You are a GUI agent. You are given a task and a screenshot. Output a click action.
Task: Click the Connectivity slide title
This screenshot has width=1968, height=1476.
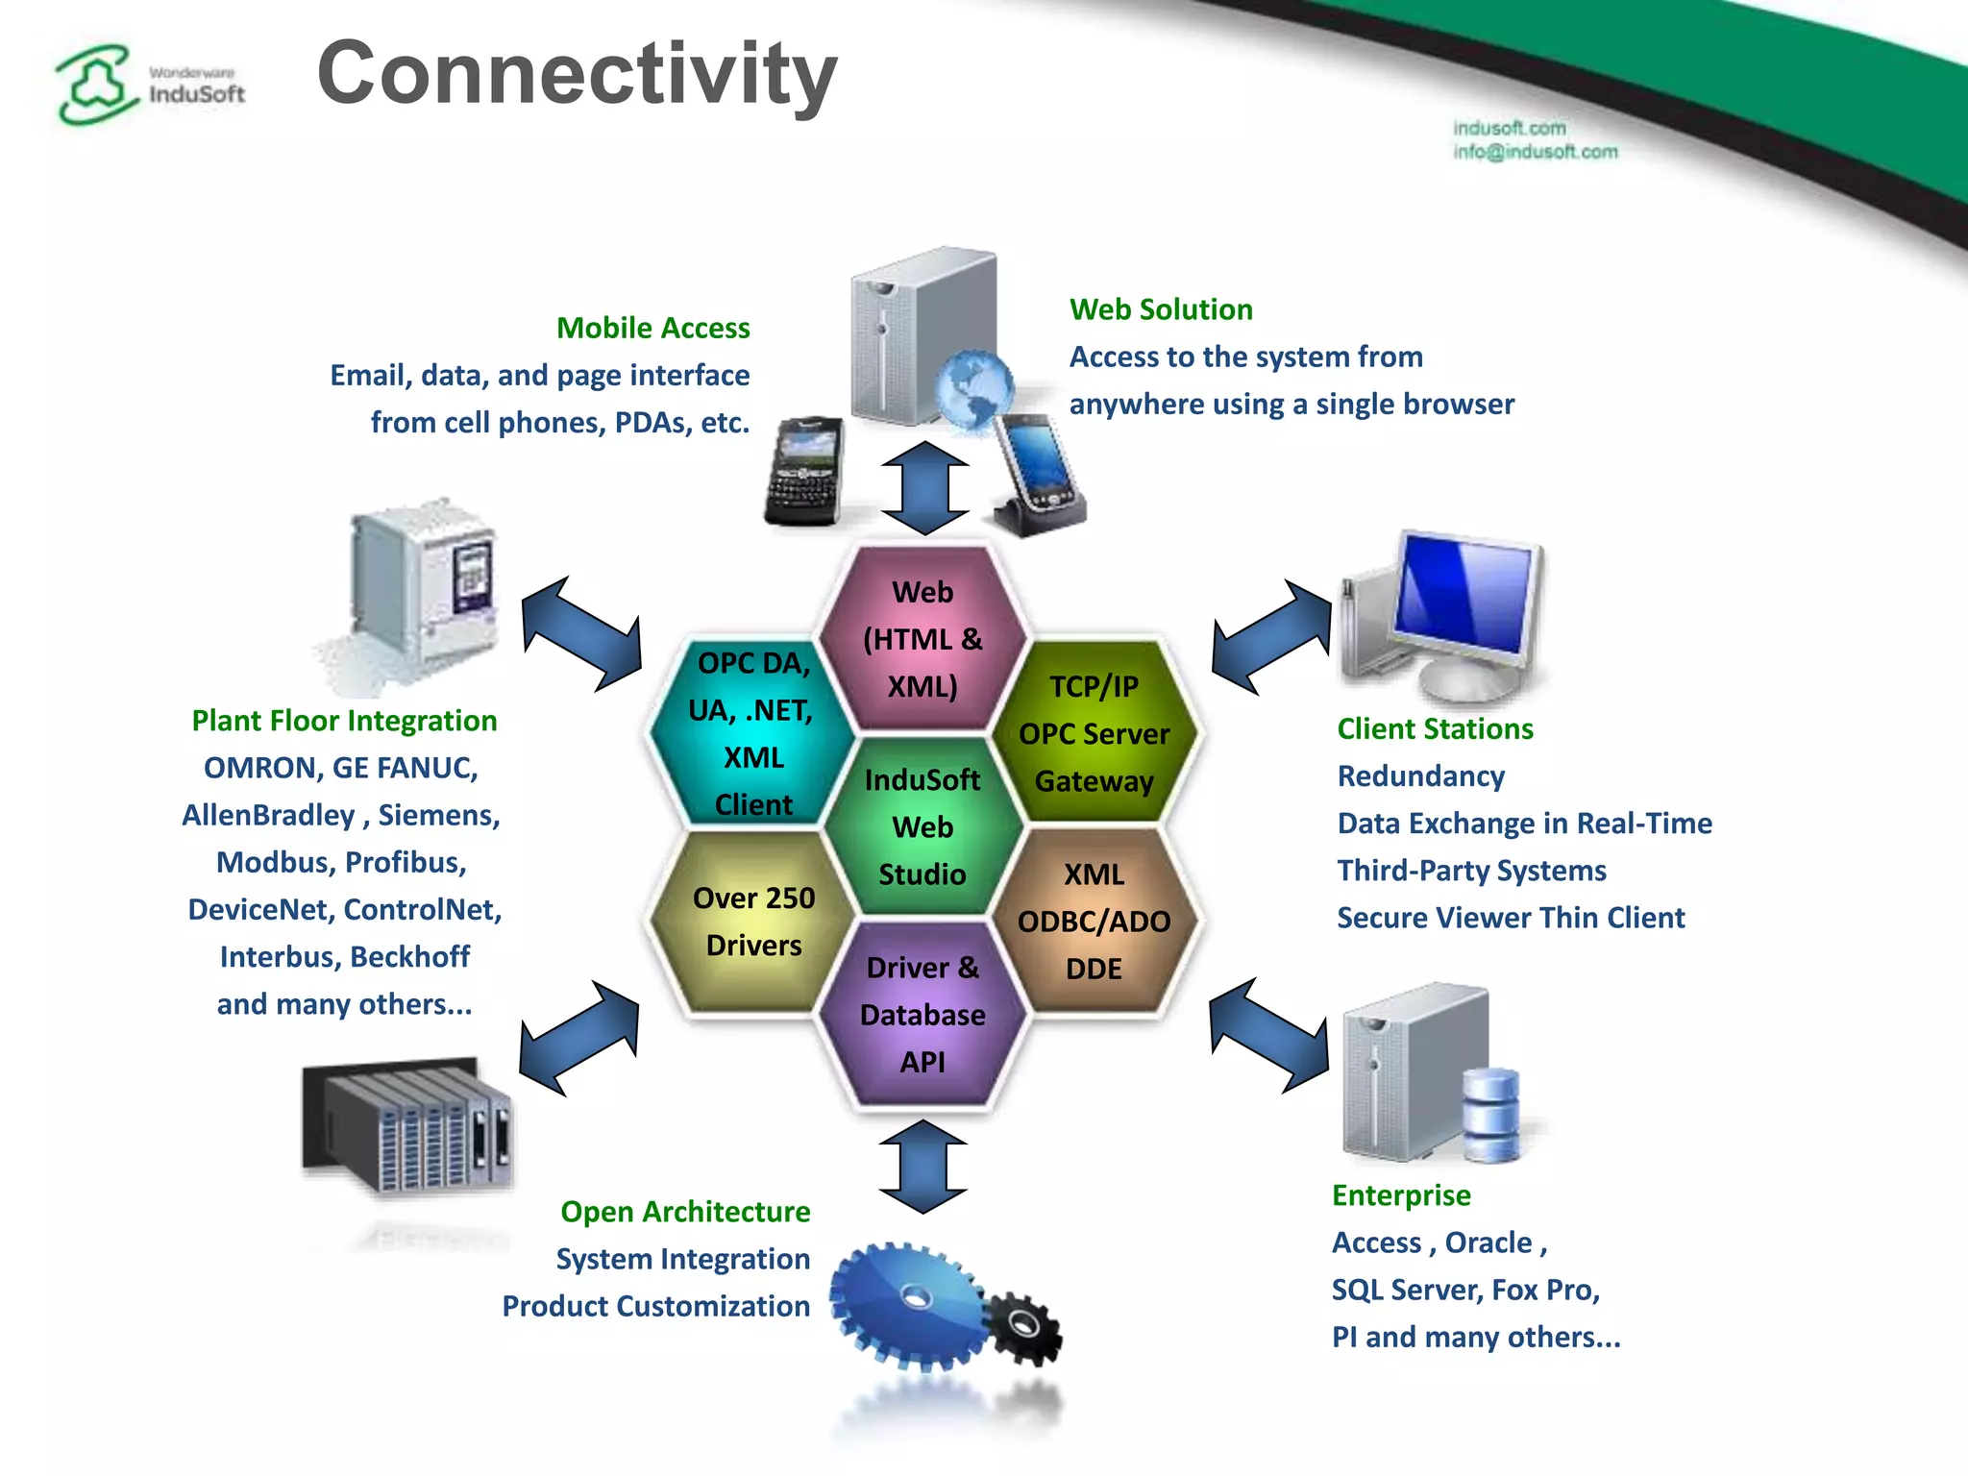[x=577, y=75]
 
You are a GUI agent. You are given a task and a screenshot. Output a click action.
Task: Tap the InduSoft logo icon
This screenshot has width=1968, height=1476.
[x=93, y=85]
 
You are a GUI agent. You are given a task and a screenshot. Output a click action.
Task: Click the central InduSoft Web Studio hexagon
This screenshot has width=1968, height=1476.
[x=922, y=826]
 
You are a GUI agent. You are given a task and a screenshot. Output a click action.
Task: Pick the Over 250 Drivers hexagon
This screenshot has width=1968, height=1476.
[x=753, y=921]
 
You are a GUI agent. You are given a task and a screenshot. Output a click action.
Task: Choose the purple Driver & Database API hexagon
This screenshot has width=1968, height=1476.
[x=922, y=1015]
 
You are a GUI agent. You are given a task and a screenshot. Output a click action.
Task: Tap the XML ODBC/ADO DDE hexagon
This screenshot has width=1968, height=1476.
[x=1094, y=921]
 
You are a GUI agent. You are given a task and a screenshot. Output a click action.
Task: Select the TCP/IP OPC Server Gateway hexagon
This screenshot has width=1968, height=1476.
[x=1094, y=733]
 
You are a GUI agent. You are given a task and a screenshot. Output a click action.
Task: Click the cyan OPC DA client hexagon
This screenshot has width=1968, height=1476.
[x=753, y=733]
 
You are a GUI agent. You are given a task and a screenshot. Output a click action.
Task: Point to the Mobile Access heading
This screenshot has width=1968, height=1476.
[x=652, y=329]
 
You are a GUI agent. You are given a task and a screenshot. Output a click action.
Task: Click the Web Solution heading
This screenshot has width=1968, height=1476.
[x=1161, y=309]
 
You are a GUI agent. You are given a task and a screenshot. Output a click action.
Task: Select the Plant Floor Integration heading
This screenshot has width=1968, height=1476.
[x=344, y=721]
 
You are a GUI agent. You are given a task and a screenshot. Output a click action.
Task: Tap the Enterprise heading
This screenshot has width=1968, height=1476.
[x=1401, y=1195]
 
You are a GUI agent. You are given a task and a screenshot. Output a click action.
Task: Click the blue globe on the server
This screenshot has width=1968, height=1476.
[x=973, y=389]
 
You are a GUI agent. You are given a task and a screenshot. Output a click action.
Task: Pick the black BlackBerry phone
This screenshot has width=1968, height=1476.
[x=805, y=471]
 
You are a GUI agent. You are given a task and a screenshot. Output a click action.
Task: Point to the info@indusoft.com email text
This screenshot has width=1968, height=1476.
[x=1535, y=152]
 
